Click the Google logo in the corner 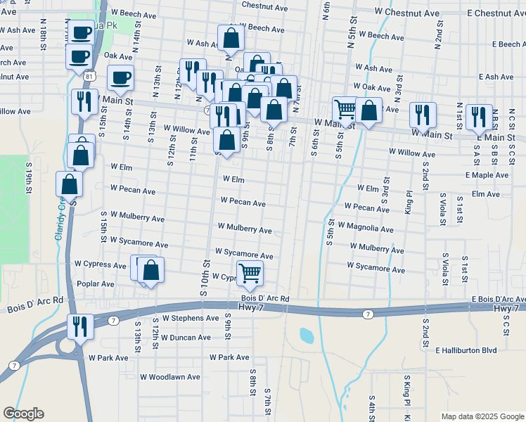23,413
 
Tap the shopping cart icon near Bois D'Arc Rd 250,272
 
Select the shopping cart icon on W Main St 345,109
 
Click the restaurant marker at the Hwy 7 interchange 80,326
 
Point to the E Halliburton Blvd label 466,350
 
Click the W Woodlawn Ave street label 170,377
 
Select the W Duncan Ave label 185,337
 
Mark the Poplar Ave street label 97,284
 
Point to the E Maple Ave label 486,175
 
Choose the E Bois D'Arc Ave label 494,299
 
